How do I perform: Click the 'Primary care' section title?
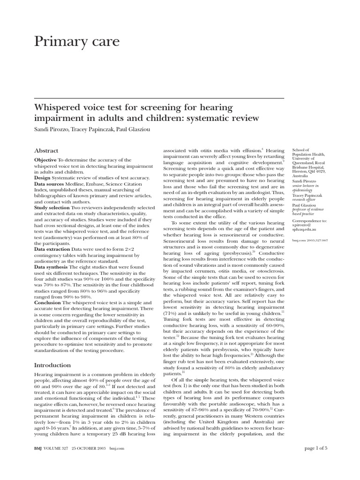77,42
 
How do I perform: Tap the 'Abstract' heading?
46,150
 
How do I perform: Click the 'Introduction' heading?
52,365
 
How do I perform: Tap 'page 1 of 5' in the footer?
317,462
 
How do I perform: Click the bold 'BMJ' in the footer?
39,462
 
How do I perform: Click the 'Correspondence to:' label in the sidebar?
309,220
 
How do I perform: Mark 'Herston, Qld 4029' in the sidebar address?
308,172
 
